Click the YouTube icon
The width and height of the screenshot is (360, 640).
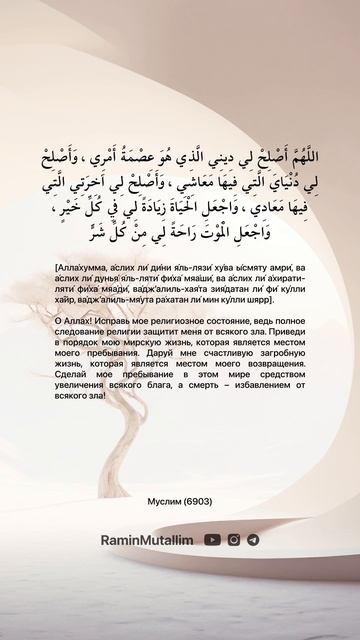click(213, 539)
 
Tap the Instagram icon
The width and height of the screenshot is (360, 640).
click(234, 539)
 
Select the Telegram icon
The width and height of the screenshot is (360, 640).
click(253, 539)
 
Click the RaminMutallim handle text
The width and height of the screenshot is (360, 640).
click(147, 539)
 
